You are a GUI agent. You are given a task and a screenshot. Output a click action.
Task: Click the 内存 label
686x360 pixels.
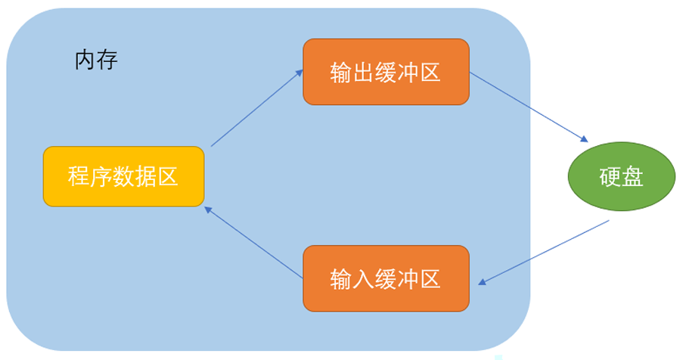pyautogui.click(x=96, y=61)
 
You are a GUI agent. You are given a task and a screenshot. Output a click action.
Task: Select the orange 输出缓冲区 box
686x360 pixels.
pyautogui.click(x=386, y=72)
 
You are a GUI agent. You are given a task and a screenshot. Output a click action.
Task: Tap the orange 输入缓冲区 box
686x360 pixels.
pyautogui.click(x=386, y=278)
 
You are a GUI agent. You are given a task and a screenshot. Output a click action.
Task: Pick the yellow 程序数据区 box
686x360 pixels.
pyautogui.click(x=124, y=176)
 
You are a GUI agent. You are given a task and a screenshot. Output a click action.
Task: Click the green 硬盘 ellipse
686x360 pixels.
pyautogui.click(x=621, y=176)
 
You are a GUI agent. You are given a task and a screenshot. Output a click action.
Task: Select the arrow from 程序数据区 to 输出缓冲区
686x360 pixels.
pyautogui.click(x=257, y=107)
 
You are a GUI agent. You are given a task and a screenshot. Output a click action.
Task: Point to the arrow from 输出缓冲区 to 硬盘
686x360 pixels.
pyautogui.click(x=529, y=107)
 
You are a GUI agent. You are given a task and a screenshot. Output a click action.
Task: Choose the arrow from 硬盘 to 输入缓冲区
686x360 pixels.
pyautogui.click(x=543, y=253)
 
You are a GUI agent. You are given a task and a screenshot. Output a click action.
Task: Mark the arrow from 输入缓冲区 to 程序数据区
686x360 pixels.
pyautogui.click(x=253, y=242)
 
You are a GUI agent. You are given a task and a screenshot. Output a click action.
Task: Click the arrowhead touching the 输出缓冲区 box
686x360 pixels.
pyautogui.click(x=300, y=73)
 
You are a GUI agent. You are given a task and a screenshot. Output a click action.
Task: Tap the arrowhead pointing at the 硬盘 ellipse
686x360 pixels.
pyautogui.click(x=584, y=139)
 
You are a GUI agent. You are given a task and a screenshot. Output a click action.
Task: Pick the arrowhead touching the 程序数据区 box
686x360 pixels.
pyautogui.click(x=208, y=209)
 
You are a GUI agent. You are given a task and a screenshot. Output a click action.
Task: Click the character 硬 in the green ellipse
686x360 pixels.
pyautogui.click(x=610, y=177)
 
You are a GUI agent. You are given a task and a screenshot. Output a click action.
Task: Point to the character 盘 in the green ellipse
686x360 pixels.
pyautogui.click(x=632, y=177)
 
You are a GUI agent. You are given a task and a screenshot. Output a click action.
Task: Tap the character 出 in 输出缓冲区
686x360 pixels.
pyautogui.click(x=363, y=72)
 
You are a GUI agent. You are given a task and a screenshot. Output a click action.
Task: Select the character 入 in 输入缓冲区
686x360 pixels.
pyautogui.click(x=363, y=278)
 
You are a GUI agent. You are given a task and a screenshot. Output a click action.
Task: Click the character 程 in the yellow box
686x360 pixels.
pyautogui.click(x=79, y=177)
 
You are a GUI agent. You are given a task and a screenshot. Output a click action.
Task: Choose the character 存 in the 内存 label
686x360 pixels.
pyautogui.click(x=107, y=61)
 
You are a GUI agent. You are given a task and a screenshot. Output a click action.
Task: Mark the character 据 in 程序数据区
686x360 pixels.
pyautogui.click(x=145, y=177)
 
